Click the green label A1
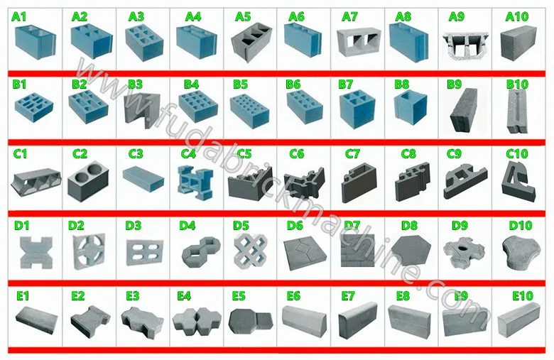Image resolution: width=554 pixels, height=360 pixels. pyautogui.click(x=19, y=16)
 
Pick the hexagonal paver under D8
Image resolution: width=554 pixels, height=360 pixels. pyautogui.click(x=410, y=251)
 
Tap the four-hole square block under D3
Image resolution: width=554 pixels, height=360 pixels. pyautogui.click(x=141, y=252)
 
